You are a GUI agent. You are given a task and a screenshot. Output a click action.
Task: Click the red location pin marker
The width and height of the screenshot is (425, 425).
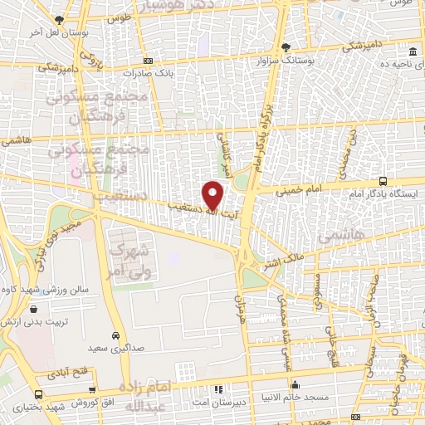[x=213, y=194]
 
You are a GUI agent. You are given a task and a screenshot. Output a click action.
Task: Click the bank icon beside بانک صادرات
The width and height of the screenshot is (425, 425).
[x=148, y=61]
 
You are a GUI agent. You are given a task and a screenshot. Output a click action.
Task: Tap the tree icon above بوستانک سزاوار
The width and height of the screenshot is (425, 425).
[x=286, y=47]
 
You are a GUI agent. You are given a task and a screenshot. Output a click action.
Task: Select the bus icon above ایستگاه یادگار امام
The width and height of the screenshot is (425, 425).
[x=383, y=180]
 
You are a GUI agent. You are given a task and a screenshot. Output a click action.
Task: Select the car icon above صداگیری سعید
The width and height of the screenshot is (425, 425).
[x=118, y=337]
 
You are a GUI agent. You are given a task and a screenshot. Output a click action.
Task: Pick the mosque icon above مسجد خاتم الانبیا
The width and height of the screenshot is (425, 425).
[x=296, y=383]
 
